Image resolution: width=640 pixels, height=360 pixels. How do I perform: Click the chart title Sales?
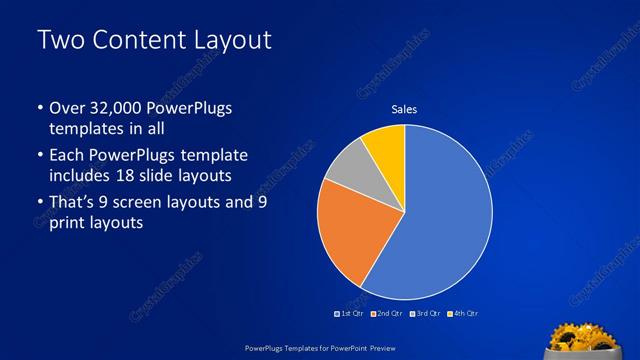pos(403,109)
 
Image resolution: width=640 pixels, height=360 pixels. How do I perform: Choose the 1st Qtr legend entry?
pos(350,313)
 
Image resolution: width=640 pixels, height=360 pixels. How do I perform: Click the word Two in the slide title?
pos(58,41)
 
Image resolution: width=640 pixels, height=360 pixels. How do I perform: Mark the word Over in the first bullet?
pos(66,108)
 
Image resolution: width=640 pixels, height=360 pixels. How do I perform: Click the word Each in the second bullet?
pos(66,156)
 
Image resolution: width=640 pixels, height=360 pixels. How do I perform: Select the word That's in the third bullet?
pos(73,202)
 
